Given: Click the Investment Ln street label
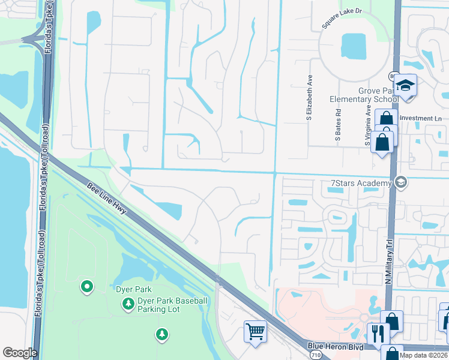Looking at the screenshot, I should point(420,118).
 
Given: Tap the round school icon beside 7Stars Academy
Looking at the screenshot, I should point(401,182).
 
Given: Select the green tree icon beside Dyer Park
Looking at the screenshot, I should point(128,304).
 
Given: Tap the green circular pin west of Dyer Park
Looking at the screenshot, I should point(87,287).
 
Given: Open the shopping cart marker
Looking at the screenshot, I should point(255,331).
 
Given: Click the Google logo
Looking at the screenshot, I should point(20,353).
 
